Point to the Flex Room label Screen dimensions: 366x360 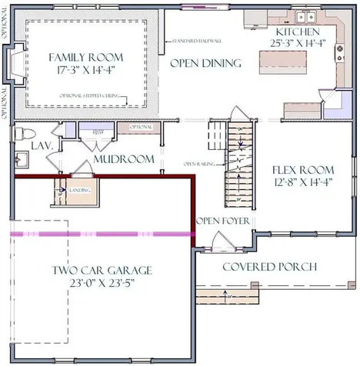pyautogui.click(x=303, y=169)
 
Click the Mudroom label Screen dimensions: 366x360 pyautogui.click(x=123, y=159)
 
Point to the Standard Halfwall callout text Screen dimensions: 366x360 pyautogui.click(x=198, y=40)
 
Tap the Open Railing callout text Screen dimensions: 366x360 pyautogui.click(x=197, y=164)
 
